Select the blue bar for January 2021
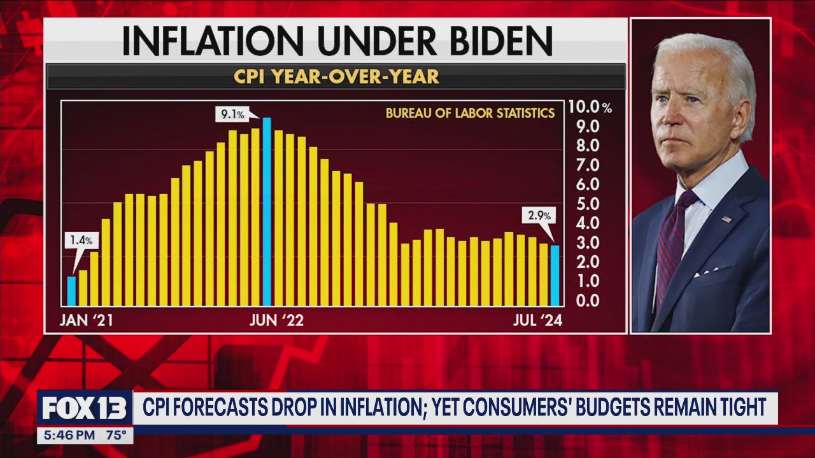(x=72, y=291)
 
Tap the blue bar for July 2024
(x=555, y=275)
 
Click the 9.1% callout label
(x=232, y=115)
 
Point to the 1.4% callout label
(x=81, y=240)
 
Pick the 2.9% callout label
(x=539, y=215)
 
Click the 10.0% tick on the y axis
(x=590, y=108)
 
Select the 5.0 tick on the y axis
(x=585, y=204)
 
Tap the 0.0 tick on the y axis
(x=585, y=300)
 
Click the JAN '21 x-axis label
(x=86, y=321)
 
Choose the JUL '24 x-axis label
(x=538, y=321)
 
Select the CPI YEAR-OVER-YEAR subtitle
(x=336, y=77)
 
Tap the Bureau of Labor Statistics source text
(x=470, y=114)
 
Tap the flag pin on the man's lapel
(x=726, y=219)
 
